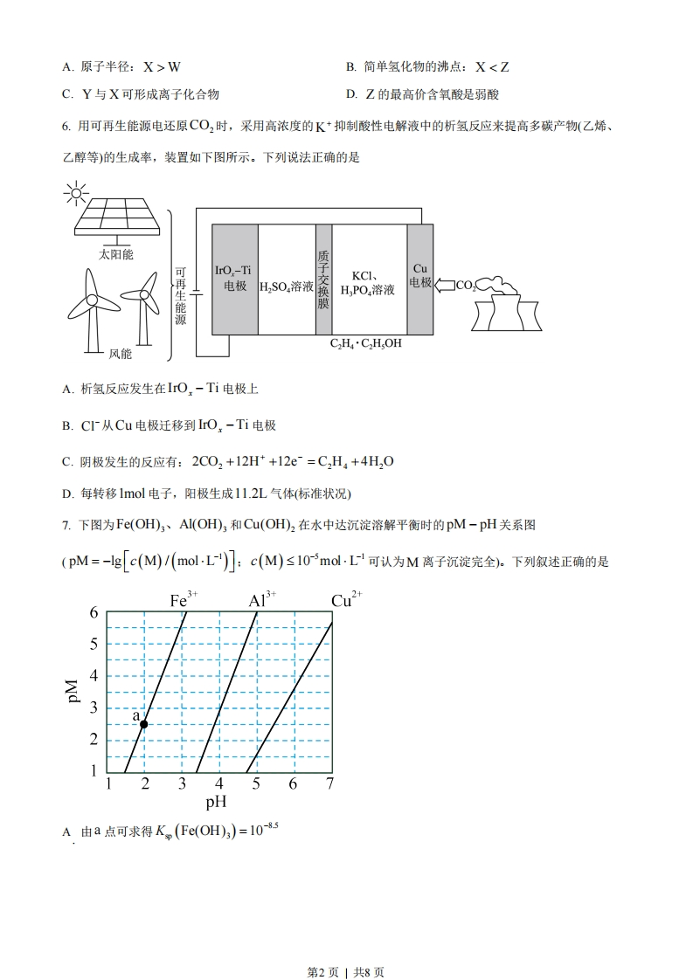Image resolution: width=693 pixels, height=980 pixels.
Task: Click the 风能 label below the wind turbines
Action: coord(120,354)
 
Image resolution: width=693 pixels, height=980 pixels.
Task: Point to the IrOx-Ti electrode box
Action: coord(234,279)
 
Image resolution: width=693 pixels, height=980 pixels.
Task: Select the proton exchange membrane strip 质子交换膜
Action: coord(323,279)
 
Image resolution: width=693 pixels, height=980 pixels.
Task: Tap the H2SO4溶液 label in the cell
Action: coord(287,286)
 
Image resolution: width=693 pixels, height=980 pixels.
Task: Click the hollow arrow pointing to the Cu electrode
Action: coord(445,285)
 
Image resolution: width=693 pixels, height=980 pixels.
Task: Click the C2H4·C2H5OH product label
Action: coord(366,343)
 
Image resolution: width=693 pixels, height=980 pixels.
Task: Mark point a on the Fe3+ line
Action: coord(144,723)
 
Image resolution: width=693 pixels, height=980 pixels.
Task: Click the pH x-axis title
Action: coord(216,801)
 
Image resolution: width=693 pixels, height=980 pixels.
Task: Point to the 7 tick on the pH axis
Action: coord(329,783)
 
